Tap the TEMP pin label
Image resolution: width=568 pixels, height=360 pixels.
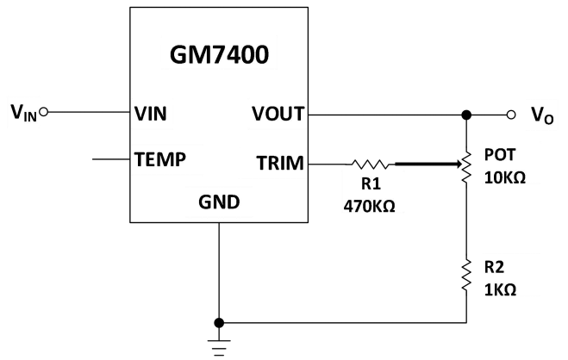pos(161,160)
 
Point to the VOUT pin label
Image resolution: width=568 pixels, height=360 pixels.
pos(277,113)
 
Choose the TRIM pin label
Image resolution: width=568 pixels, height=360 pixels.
pos(279,161)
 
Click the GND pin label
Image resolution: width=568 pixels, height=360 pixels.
pos(219,203)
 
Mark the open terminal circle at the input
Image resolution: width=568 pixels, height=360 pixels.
pos(44,112)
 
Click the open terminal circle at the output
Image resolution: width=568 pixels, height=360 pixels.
pos(511,114)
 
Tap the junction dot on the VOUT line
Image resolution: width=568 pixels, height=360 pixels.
pos(466,114)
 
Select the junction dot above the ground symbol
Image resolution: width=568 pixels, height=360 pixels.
pos(219,321)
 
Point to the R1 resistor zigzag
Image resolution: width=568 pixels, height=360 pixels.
pos(371,161)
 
